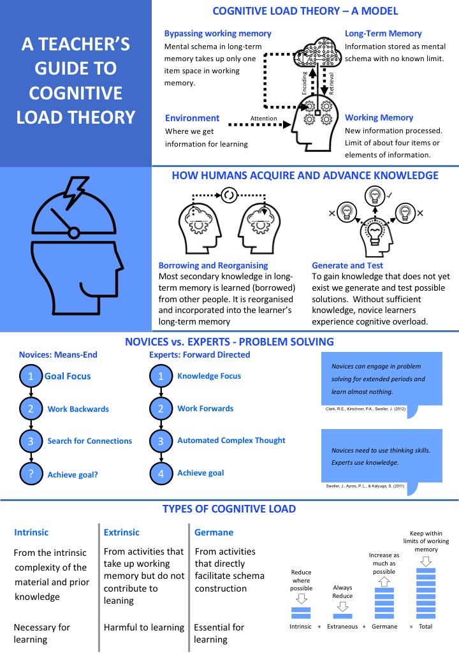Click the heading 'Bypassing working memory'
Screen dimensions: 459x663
coord(217,33)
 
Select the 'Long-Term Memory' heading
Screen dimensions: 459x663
coord(383,33)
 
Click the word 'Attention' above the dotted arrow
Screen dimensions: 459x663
coord(263,118)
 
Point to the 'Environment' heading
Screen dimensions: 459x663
coord(192,118)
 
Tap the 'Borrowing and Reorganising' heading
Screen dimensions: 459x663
coord(213,265)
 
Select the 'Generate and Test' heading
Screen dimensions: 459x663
coord(347,265)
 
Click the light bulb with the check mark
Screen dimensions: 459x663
coord(374,195)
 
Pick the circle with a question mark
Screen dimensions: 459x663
coord(31,474)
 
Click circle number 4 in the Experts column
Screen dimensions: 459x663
coord(161,474)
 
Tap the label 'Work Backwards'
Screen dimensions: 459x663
coord(78,409)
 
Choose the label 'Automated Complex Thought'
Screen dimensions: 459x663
coord(231,441)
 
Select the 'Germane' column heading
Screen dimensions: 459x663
coord(214,532)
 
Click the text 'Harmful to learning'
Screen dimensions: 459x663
coord(144,627)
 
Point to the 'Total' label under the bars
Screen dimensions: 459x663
coord(425,627)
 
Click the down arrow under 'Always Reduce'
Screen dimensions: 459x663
coord(342,606)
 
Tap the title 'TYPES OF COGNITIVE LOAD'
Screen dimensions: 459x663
coord(229,509)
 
